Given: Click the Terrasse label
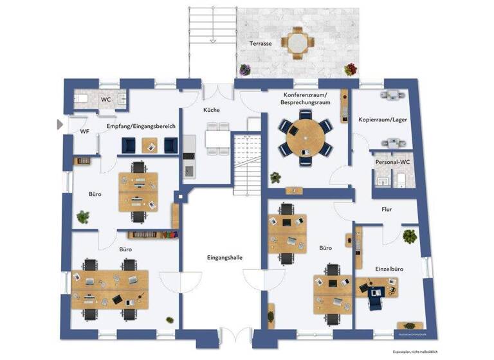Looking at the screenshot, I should [x=261, y=43].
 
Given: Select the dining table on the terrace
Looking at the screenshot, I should [x=297, y=42].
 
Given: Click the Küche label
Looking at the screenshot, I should [x=212, y=110].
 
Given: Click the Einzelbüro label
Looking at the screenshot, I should [x=389, y=268].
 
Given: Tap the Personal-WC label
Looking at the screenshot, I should [x=392, y=162].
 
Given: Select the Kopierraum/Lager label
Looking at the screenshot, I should [x=383, y=120].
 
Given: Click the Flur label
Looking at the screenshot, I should [x=386, y=209].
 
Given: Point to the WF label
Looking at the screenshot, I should [x=84, y=132].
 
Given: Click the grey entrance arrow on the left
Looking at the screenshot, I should [x=60, y=124].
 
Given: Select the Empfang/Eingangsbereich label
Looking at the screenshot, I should [x=142, y=127].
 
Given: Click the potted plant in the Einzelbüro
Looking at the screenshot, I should [x=408, y=236].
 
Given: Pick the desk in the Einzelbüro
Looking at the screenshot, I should [x=376, y=286].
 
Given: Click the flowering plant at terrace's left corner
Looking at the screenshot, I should [x=244, y=69].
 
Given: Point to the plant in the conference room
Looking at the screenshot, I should [x=275, y=177].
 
